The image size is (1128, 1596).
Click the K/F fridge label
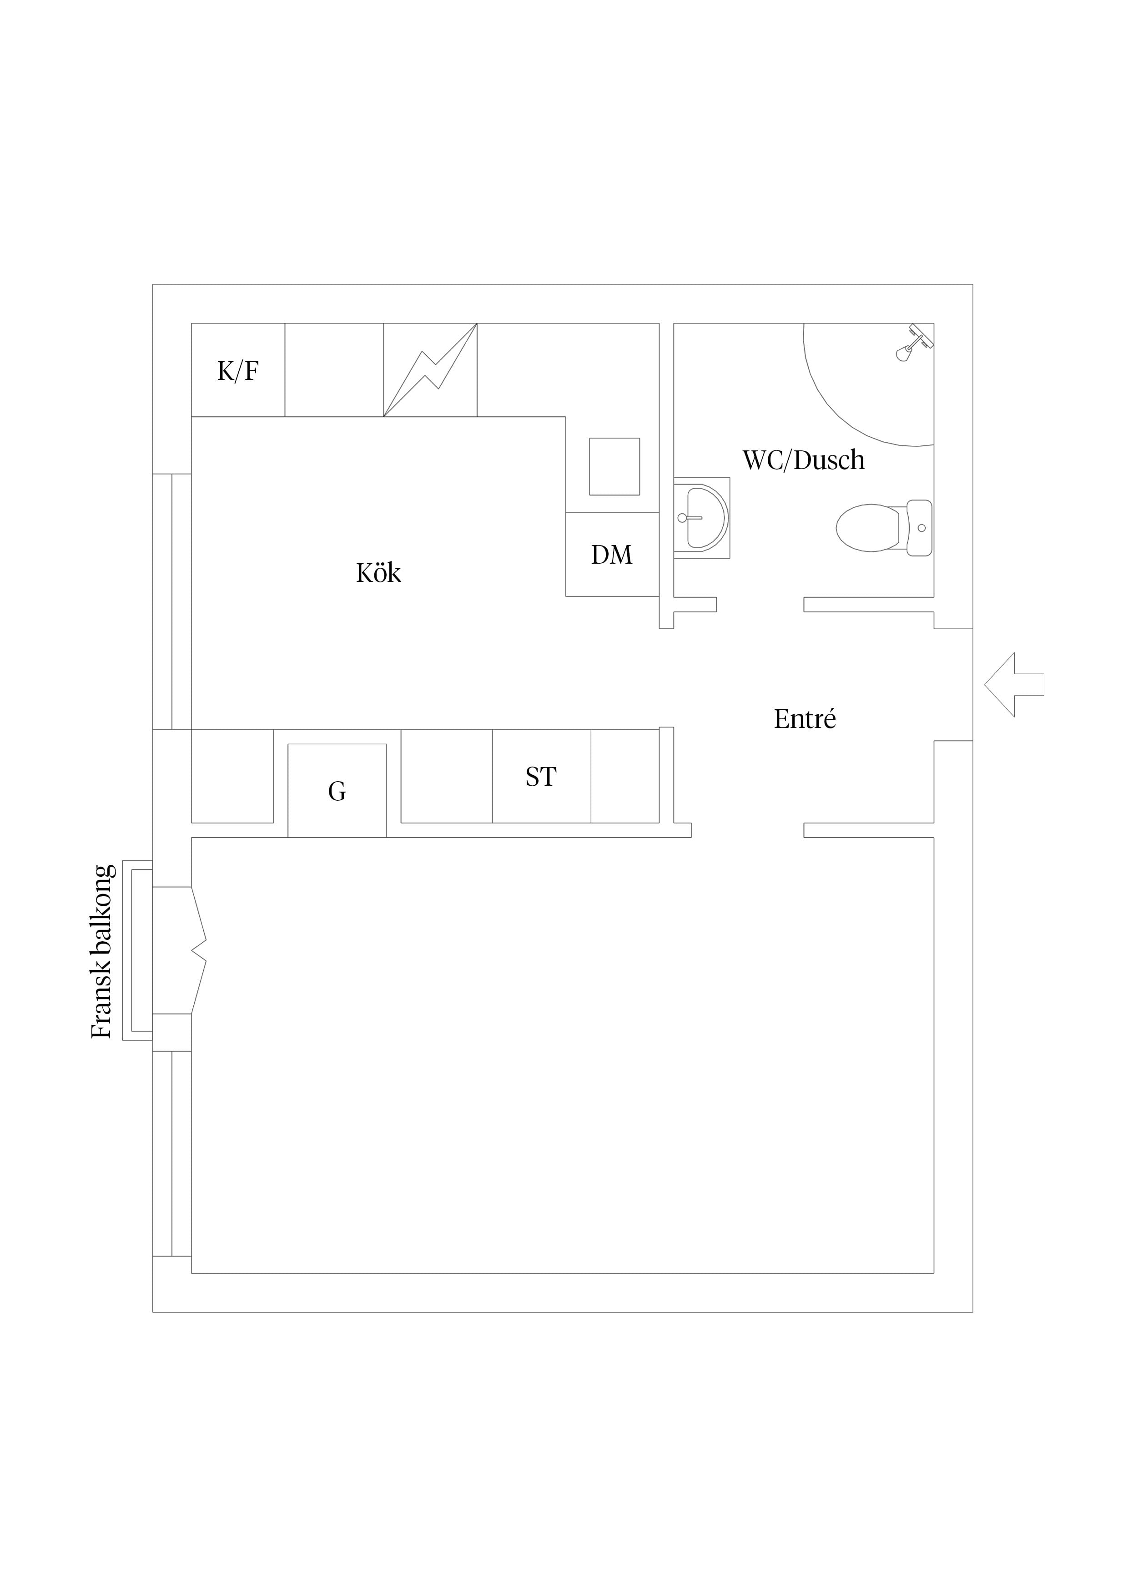point(238,371)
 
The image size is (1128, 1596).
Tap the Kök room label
point(379,573)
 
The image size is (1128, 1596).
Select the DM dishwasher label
point(612,555)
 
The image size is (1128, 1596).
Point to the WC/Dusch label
point(804,460)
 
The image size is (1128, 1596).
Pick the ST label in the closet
point(541,777)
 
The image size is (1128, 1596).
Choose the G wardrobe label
point(337,791)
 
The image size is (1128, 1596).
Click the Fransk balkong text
point(102,952)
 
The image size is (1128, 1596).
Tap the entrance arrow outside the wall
point(1014,685)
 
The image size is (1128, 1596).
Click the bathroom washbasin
point(702,518)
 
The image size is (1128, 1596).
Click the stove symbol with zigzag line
point(430,370)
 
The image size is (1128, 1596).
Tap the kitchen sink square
point(614,466)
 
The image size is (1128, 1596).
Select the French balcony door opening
point(179,950)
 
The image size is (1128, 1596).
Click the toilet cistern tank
point(920,528)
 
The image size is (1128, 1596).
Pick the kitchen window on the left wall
point(171,601)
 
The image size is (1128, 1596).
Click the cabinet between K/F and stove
point(334,370)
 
